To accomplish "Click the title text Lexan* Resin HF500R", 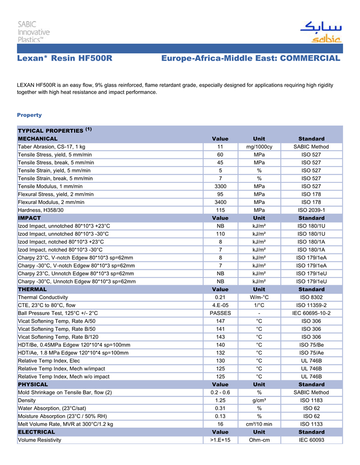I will pyautogui.click(x=65, y=59).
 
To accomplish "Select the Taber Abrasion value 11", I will pyautogui.click(x=220, y=147).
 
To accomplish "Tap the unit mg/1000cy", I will pyautogui.click(x=259, y=147).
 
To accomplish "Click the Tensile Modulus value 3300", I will pyautogui.click(x=220, y=186).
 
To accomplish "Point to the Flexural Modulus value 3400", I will pyautogui.click(x=220, y=202).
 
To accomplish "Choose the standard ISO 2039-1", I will pyautogui.click(x=311, y=210).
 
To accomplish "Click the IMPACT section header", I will pyautogui.click(x=29, y=218).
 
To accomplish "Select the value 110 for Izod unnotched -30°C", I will pyautogui.click(x=220, y=234).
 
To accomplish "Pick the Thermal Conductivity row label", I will pyautogui.click(x=43, y=297).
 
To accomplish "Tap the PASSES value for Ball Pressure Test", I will pyautogui.click(x=220, y=313).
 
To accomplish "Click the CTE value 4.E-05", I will pyautogui.click(x=220, y=305).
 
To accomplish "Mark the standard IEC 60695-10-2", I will pyautogui.click(x=311, y=313).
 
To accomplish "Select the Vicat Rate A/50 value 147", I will pyautogui.click(x=220, y=321).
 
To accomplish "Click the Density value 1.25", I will pyautogui.click(x=220, y=400).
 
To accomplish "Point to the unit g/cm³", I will pyautogui.click(x=259, y=400).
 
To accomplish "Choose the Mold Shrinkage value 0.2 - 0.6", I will pyautogui.click(x=220, y=393).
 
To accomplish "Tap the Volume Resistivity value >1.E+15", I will pyautogui.click(x=220, y=440).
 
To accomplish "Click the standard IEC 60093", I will pyautogui.click(x=311, y=440).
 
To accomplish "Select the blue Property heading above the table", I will pyautogui.click(x=29, y=115).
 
